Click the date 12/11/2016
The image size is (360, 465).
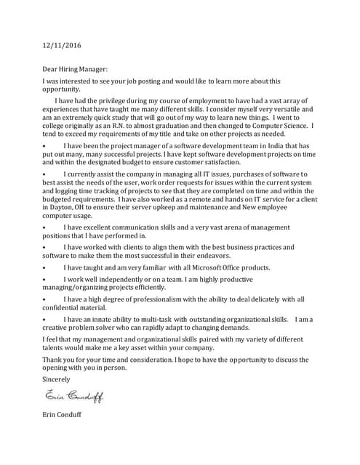[62, 46]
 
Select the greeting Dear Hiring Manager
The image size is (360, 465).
[75, 69]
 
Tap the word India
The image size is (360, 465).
[265, 145]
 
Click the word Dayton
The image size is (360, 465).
[62, 207]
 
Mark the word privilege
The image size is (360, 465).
[111, 100]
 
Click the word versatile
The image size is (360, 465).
[287, 108]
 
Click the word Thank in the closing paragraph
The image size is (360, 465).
[53, 360]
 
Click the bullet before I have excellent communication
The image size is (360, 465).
[44, 227]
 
